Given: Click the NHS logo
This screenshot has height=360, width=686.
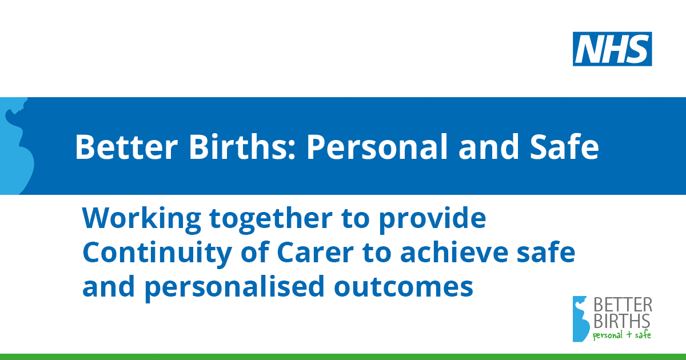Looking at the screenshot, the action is coord(612,49).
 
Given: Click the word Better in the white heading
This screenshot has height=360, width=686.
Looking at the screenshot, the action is coord(126,147).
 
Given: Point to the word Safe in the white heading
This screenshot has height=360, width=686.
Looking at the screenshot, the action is coord(564,147).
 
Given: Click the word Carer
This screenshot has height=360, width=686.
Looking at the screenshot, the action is coord(315,253).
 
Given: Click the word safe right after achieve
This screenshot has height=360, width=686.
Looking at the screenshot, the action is coord(546,252).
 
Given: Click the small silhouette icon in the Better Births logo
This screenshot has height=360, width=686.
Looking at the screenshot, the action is coord(580,319).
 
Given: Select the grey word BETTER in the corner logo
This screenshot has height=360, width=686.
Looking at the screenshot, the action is coord(623,305).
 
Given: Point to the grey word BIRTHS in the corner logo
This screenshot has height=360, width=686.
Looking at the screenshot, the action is coord(622,321).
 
